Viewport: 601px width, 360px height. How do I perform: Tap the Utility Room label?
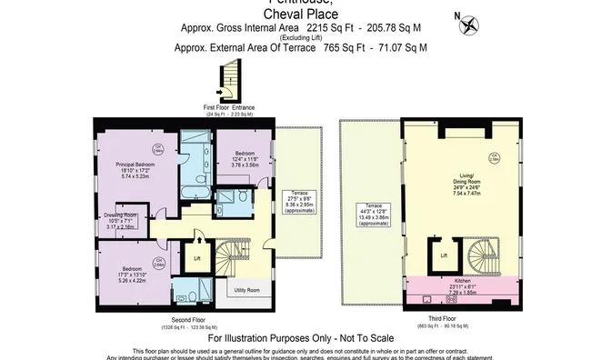pos(246,289)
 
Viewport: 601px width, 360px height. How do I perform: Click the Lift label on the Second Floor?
pos(197,257)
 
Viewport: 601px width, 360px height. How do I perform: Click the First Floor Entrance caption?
pos(229,108)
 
